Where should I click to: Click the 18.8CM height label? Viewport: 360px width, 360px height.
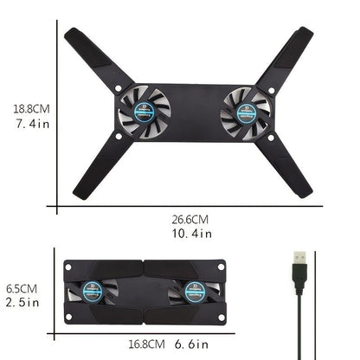point(31,109)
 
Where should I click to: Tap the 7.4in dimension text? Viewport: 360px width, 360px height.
point(32,124)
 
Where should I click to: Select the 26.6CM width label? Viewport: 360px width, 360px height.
point(190,220)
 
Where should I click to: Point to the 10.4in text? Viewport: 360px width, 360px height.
point(192,234)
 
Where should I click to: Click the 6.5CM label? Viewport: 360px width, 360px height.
point(22,289)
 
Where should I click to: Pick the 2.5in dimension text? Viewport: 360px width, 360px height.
point(22,303)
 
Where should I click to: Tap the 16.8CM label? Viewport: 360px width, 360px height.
point(146,344)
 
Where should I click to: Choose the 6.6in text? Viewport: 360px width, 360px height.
point(191,344)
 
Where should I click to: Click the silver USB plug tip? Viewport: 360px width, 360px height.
point(299,257)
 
